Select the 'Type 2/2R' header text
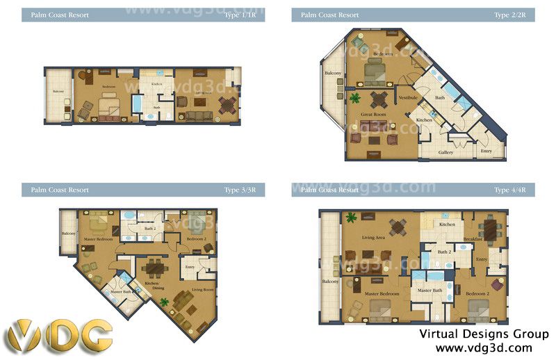click(x=510, y=15)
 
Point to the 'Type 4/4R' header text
click(x=510, y=190)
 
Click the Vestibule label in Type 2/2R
click(x=407, y=98)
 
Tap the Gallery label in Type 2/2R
click(x=445, y=152)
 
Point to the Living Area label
click(x=374, y=238)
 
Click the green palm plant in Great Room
click(x=355, y=97)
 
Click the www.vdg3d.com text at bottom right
click(x=484, y=347)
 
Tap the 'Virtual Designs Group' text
click(x=484, y=334)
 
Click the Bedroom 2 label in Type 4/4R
click(x=477, y=293)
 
